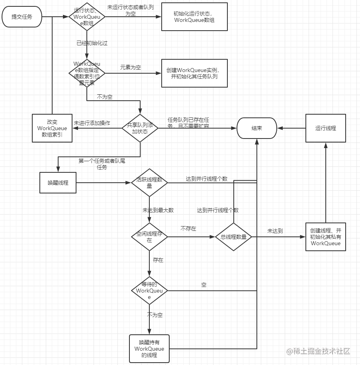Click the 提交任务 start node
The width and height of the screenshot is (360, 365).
(22, 17)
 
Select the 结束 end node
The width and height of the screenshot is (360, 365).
(257, 128)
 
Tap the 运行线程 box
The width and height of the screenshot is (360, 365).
(325, 128)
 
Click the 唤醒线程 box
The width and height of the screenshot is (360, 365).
(58, 183)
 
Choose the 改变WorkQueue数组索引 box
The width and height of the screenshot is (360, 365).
(52, 128)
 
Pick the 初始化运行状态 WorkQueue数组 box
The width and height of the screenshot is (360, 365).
(194, 17)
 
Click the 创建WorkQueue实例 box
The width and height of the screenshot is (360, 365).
(194, 73)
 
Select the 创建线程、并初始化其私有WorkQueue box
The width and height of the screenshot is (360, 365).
(325, 236)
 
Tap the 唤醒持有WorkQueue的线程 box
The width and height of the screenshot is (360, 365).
(149, 349)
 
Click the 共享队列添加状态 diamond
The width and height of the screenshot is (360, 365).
(140, 128)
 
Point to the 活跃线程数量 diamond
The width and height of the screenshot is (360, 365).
(149, 183)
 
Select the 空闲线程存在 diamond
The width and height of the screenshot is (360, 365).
(149, 236)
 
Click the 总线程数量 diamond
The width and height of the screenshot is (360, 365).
(233, 236)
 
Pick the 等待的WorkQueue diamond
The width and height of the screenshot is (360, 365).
(149, 291)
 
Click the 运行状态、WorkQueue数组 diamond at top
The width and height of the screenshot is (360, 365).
(87, 17)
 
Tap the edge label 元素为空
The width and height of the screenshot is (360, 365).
(131, 68)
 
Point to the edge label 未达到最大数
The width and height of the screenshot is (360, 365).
(158, 210)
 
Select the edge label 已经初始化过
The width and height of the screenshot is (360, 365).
(92, 43)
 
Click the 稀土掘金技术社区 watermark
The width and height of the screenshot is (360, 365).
(318, 351)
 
